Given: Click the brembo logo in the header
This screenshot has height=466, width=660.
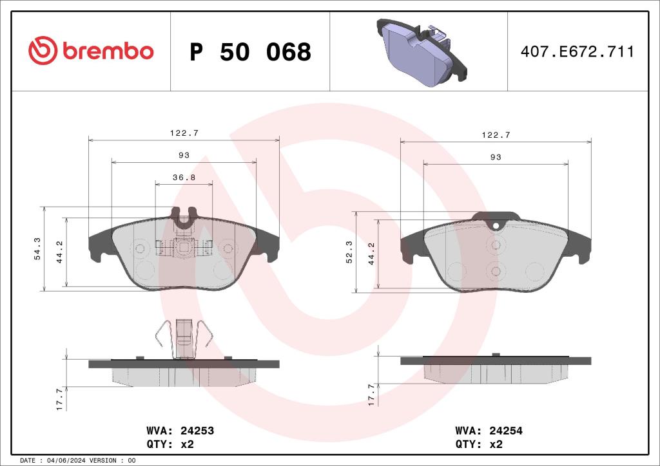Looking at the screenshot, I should (x=91, y=51).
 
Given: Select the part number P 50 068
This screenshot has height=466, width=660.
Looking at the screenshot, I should (x=250, y=52).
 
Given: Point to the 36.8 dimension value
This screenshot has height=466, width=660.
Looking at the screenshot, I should (x=184, y=177).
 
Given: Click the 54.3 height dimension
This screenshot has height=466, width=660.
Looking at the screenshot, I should (x=37, y=248).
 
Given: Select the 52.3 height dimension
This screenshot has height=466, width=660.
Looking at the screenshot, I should (x=349, y=251).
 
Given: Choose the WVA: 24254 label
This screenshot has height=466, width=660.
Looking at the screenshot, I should (x=489, y=431).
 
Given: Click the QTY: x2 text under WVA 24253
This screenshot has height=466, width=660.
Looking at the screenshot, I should (x=171, y=444).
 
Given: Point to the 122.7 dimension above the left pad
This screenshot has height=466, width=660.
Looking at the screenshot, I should (x=184, y=133).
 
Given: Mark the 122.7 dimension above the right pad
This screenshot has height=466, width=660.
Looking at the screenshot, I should (x=496, y=135).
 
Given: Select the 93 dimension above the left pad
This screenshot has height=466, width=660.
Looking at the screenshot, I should (x=184, y=155).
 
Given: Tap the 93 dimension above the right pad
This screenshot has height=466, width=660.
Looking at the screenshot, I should (x=496, y=157).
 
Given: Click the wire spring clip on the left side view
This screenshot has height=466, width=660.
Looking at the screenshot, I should (x=184, y=337).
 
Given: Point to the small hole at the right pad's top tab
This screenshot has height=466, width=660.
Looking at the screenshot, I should (x=496, y=225).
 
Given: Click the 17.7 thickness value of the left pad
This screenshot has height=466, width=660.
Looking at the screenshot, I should (x=59, y=399).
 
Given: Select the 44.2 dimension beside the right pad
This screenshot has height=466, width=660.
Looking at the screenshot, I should (x=371, y=252).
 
